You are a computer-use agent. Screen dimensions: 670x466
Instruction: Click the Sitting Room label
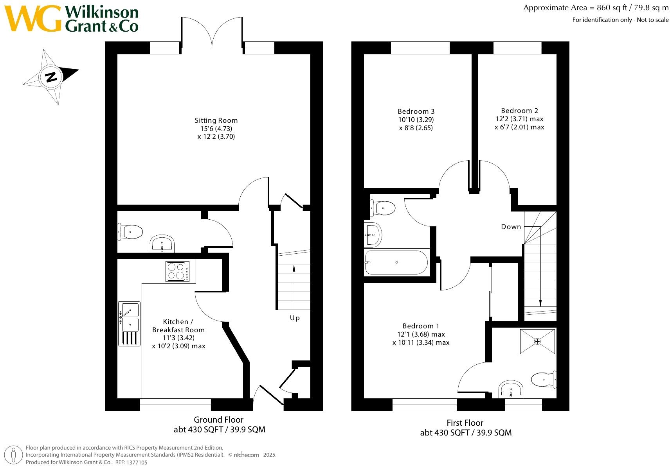click(x=216, y=120)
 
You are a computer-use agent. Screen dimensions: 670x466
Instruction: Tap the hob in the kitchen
click(x=178, y=271)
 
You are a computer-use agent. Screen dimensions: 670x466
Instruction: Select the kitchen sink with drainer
click(x=129, y=324)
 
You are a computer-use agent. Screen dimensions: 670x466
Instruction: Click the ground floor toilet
click(x=130, y=231)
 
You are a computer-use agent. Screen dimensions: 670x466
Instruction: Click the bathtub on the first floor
click(x=396, y=262)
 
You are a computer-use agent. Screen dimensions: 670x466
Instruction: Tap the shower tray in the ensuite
click(x=537, y=341)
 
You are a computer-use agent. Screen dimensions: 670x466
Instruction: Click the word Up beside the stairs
click(x=295, y=318)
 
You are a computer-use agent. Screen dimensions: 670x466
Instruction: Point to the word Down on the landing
click(x=511, y=227)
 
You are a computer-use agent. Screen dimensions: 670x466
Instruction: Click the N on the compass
click(x=51, y=77)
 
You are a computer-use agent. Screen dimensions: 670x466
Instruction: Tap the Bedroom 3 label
click(x=416, y=111)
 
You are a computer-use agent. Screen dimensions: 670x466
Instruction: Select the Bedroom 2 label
click(x=520, y=111)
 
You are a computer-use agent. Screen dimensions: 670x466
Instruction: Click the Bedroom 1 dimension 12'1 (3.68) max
click(x=421, y=334)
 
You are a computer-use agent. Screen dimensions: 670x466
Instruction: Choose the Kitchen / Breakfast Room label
click(x=178, y=326)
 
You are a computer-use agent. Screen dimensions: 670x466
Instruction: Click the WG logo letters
click(x=33, y=18)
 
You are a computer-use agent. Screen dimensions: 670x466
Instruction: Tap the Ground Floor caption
click(x=219, y=420)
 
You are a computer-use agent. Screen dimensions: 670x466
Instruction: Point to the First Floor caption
click(x=465, y=423)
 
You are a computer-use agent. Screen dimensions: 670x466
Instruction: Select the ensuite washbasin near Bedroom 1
click(x=511, y=389)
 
